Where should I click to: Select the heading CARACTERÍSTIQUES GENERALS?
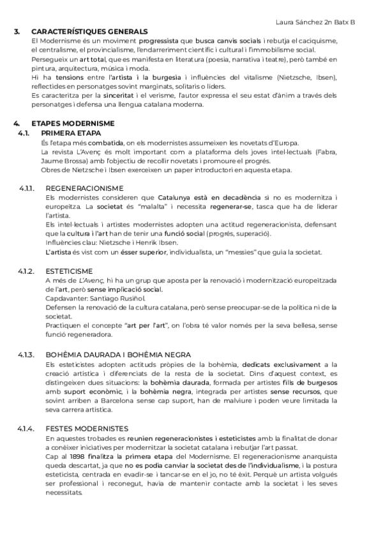(x=89, y=31)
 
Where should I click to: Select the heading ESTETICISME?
(x=69, y=271)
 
